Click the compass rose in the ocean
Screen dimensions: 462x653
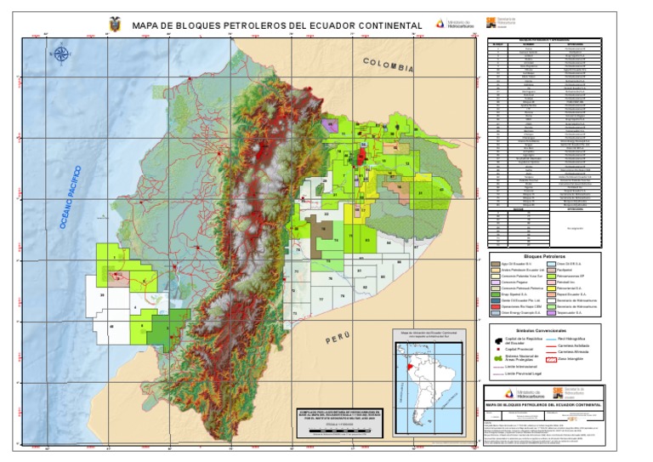[x=61, y=56]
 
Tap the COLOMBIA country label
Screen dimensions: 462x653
[x=388, y=65]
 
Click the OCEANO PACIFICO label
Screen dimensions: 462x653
[x=70, y=197]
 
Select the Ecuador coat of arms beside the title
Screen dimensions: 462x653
[x=115, y=24]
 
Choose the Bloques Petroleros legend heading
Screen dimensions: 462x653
[x=544, y=254]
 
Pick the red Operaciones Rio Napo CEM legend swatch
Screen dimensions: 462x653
[x=496, y=304]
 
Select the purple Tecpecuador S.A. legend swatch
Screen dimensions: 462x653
[x=551, y=312]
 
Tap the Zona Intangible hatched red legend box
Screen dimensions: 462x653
[x=551, y=360]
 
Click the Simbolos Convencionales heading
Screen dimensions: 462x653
[x=544, y=327]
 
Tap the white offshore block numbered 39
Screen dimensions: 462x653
[x=102, y=294]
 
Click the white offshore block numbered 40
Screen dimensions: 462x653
[x=111, y=327]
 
